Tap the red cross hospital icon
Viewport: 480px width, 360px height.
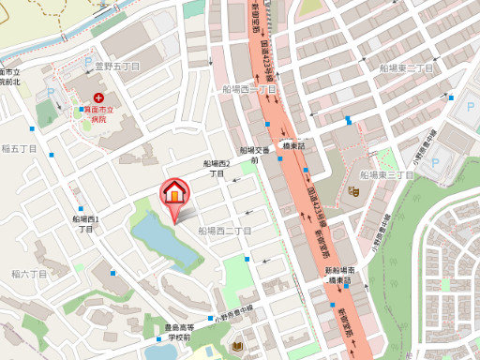coord(98,97)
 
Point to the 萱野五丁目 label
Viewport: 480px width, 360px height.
coord(117,67)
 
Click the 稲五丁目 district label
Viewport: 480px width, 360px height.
coord(19,149)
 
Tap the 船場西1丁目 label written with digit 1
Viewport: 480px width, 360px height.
coord(85,224)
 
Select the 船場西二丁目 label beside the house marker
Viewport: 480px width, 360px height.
coord(225,231)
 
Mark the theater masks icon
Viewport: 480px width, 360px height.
coord(353,191)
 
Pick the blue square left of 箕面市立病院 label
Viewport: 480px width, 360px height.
coord(78,110)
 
